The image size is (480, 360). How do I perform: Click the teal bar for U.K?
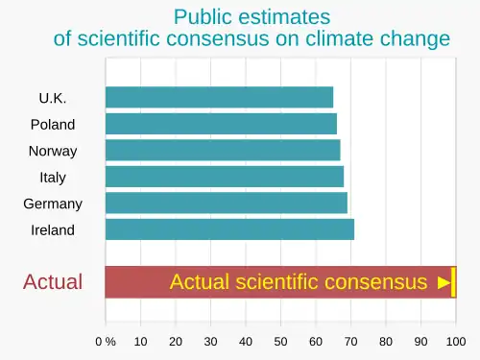pyautogui.click(x=219, y=97)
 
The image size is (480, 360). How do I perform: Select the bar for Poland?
pyautogui.click(x=221, y=124)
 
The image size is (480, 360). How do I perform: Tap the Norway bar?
pyautogui.click(x=223, y=150)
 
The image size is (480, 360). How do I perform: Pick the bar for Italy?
pyautogui.click(x=225, y=177)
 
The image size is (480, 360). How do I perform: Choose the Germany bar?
pyautogui.click(x=227, y=203)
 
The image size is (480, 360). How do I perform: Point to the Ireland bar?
pyautogui.click(x=229, y=229)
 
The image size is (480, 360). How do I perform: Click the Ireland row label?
pyautogui.click(x=53, y=230)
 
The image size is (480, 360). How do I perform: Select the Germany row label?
pyautogui.click(x=53, y=204)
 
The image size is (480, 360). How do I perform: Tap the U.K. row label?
pyautogui.click(x=53, y=98)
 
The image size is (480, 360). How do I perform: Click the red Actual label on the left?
pyautogui.click(x=53, y=282)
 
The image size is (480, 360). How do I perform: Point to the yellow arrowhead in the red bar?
pyautogui.click(x=444, y=282)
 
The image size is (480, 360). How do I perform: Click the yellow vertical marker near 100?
pyautogui.click(x=453, y=282)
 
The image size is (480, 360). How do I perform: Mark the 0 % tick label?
pyautogui.click(x=106, y=342)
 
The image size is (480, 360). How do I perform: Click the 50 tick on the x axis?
pyautogui.click(x=280, y=342)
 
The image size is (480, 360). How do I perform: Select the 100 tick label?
pyautogui.click(x=456, y=342)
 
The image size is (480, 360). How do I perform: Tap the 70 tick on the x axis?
pyautogui.click(x=350, y=342)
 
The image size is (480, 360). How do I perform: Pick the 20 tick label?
pyautogui.click(x=176, y=342)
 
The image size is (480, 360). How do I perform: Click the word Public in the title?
pyautogui.click(x=203, y=17)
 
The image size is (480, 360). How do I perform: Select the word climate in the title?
pyautogui.click(x=340, y=38)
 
